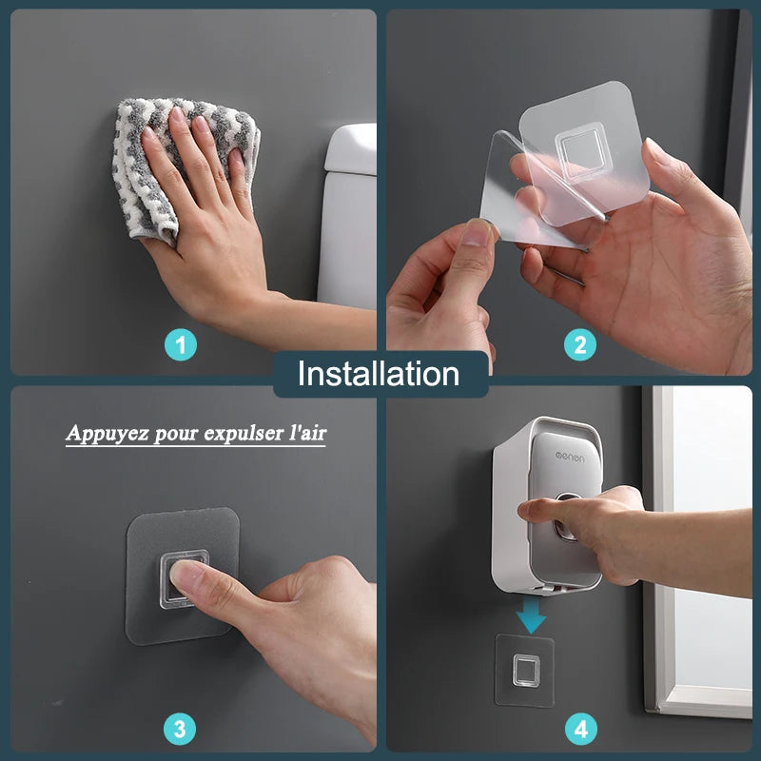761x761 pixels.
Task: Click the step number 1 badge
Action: [x=181, y=343]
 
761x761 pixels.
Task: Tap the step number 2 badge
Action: [x=580, y=343]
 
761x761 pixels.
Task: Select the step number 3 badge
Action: [x=181, y=730]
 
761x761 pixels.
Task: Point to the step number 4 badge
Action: [x=580, y=730]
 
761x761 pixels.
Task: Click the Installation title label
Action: [x=379, y=374]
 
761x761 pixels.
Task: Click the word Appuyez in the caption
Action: [x=101, y=433]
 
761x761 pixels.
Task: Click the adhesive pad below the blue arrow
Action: [x=525, y=670]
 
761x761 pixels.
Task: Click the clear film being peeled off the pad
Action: [x=533, y=190]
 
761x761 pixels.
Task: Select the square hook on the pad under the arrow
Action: [x=525, y=670]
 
